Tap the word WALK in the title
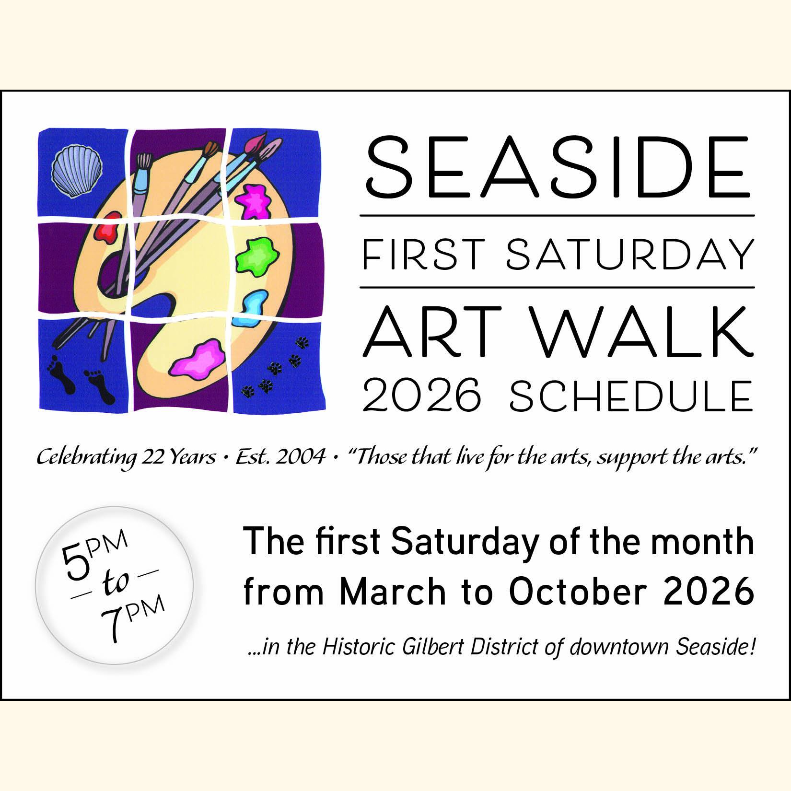coord(642,332)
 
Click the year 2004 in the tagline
coord(301,457)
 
